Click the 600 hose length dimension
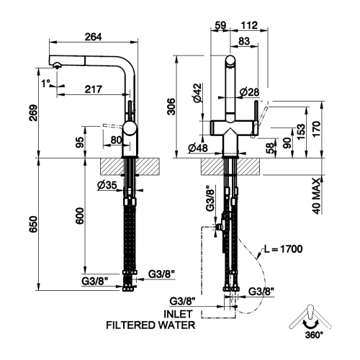pos(79,215)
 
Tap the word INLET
pos(177,313)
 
